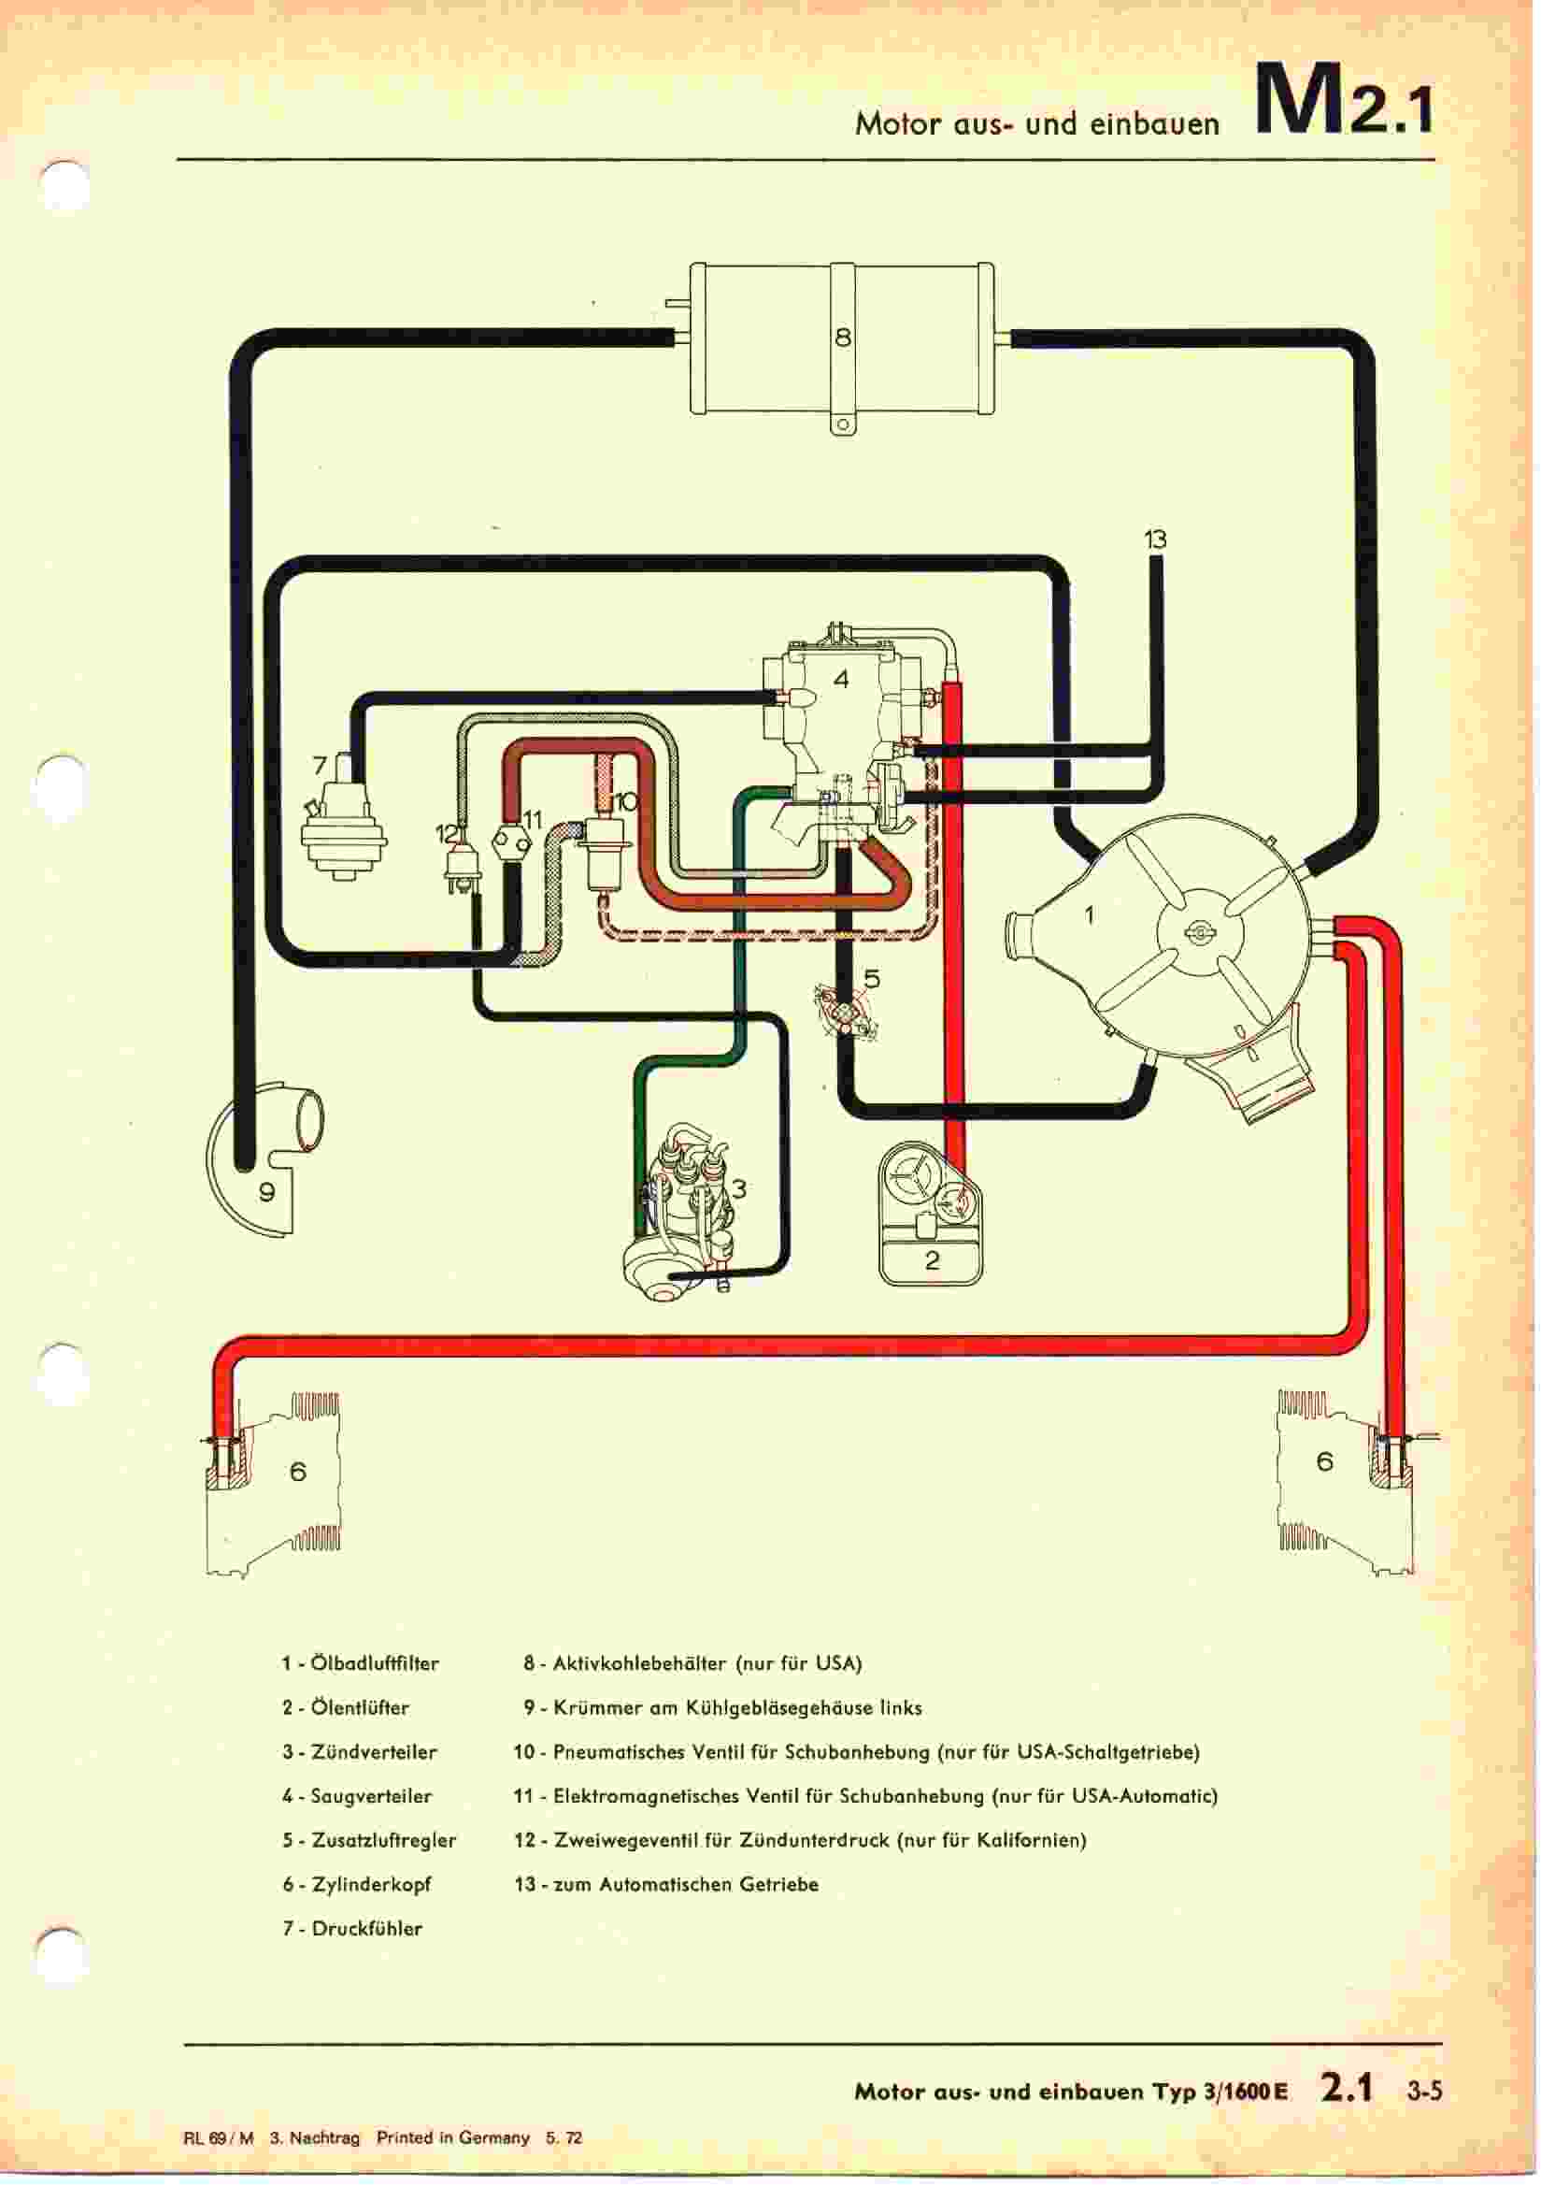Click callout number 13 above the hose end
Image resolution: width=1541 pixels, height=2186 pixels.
point(1154,539)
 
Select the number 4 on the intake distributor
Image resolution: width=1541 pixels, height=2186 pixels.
point(840,679)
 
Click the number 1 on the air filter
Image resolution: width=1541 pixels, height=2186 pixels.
point(1089,916)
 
